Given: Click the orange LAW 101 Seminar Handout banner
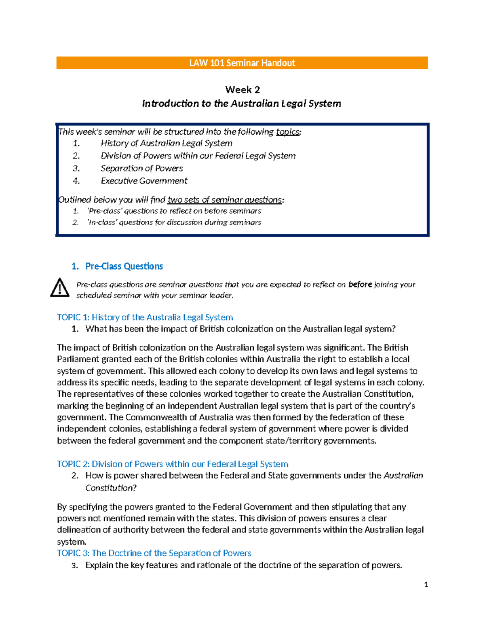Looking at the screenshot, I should click(242, 63).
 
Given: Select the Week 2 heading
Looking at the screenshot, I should click(242, 89).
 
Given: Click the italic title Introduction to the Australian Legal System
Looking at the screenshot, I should click(241, 104).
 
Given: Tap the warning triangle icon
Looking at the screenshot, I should click(60, 288).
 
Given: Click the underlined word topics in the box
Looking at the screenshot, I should click(288, 132).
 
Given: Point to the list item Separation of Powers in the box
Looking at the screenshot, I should click(141, 168).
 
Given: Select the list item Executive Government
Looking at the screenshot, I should click(144, 181).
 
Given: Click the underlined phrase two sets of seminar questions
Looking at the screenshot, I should click(225, 200).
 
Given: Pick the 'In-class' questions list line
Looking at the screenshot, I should click(174, 222).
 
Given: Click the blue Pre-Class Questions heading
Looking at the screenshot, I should click(124, 266).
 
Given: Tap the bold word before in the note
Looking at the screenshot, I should click(360, 284).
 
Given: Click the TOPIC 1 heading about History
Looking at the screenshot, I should click(145, 317).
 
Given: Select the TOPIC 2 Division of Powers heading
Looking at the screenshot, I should click(173, 464).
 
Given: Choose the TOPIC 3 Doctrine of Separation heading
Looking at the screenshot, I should click(154, 553).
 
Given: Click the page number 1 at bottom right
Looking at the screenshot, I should click(426, 584).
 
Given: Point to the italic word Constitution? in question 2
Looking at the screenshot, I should click(111, 488).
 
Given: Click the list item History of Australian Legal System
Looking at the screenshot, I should click(167, 143).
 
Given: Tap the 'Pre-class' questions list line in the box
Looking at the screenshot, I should click(174, 211).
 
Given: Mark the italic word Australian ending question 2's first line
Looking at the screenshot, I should click(403, 476).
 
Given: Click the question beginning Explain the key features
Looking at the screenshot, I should click(243, 565).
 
